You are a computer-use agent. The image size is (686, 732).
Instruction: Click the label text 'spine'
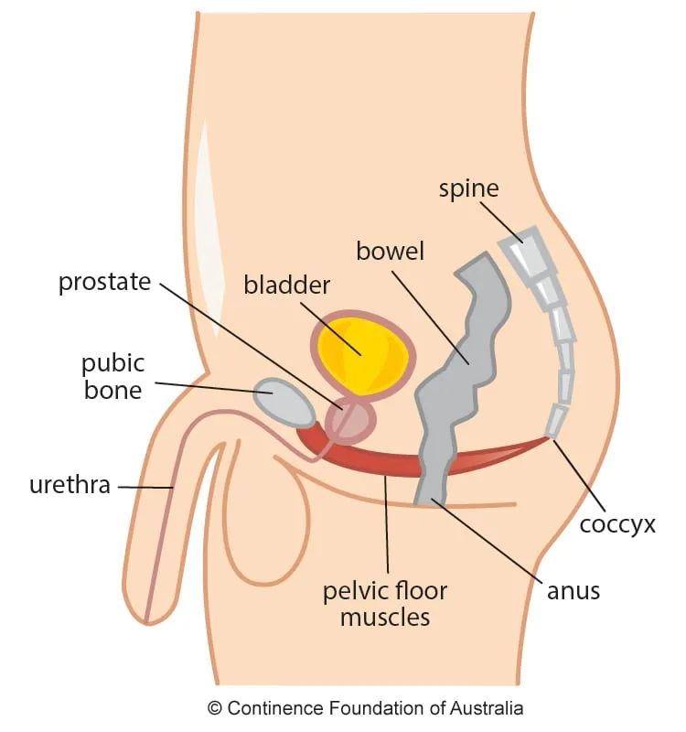[468, 189]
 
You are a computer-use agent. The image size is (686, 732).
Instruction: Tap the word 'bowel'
[391, 251]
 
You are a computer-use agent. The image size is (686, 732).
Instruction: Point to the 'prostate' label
[104, 282]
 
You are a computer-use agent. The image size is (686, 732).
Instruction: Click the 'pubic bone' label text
[113, 377]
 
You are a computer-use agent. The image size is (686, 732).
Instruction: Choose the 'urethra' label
[70, 485]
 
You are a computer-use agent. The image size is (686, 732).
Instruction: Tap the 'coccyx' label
[618, 525]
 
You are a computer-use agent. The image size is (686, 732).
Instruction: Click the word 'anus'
[573, 590]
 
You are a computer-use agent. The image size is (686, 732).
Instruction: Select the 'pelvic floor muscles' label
[385, 603]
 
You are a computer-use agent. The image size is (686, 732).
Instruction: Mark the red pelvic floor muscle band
[384, 462]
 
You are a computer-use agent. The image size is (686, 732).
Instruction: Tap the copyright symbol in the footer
[215, 708]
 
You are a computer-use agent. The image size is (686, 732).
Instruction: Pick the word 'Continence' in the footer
[270, 708]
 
